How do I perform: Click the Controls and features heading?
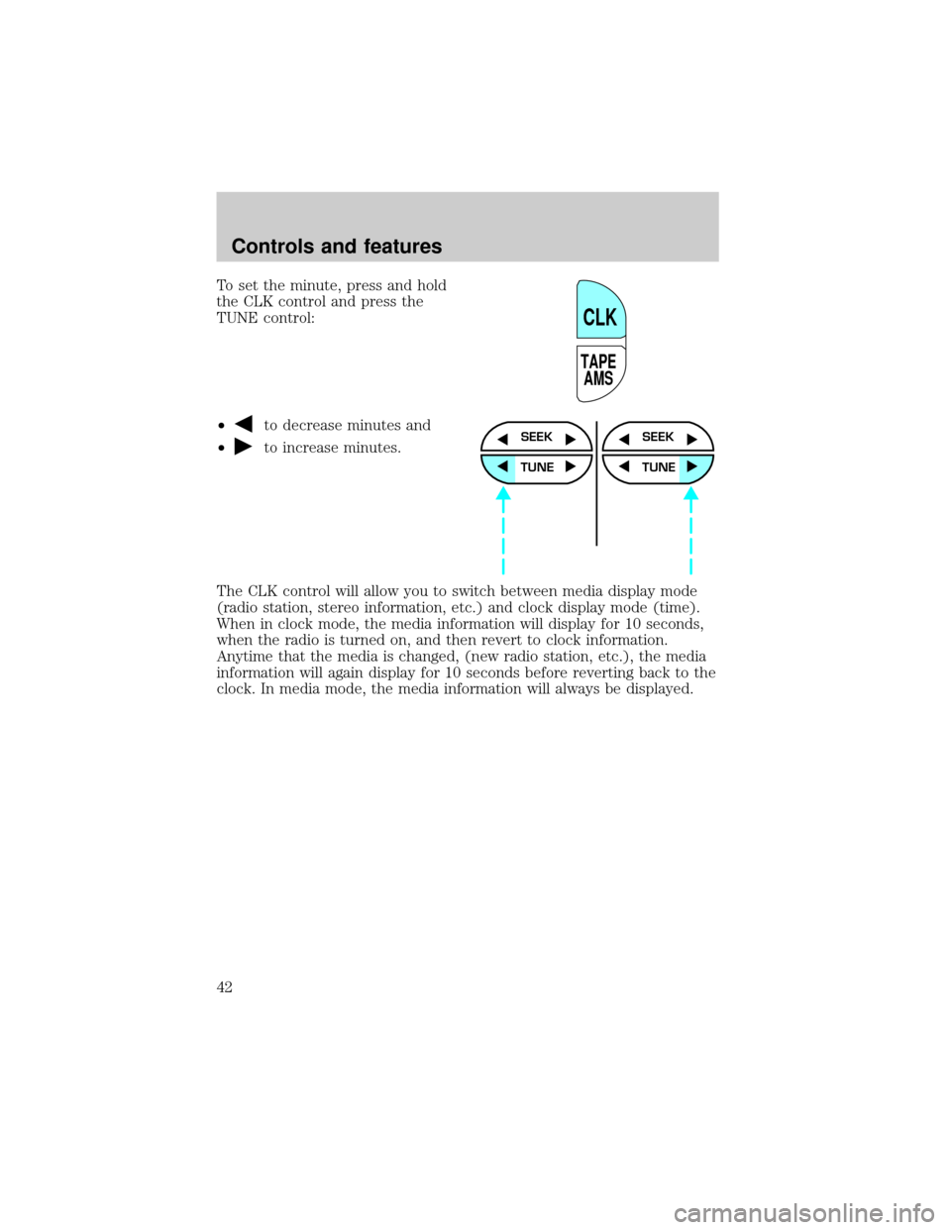tap(336, 247)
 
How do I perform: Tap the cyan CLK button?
tap(600, 310)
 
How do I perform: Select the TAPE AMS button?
tap(600, 372)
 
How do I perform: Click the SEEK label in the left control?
tap(536, 437)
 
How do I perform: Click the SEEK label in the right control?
tap(658, 437)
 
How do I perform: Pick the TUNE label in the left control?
tap(537, 467)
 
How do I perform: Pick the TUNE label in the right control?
tap(659, 467)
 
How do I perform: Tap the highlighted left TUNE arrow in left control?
tap(501, 467)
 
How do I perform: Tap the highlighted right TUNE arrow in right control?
tap(691, 467)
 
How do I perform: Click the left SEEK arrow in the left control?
tap(502, 439)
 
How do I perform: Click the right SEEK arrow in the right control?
tap(691, 439)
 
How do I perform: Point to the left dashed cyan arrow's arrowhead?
tap(503, 493)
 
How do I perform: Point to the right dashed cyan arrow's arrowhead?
tap(690, 493)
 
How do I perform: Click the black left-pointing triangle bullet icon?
tap(243, 424)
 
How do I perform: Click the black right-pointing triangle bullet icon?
tap(243, 447)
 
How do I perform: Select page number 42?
tap(224, 987)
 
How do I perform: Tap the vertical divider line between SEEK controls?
tap(596, 483)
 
